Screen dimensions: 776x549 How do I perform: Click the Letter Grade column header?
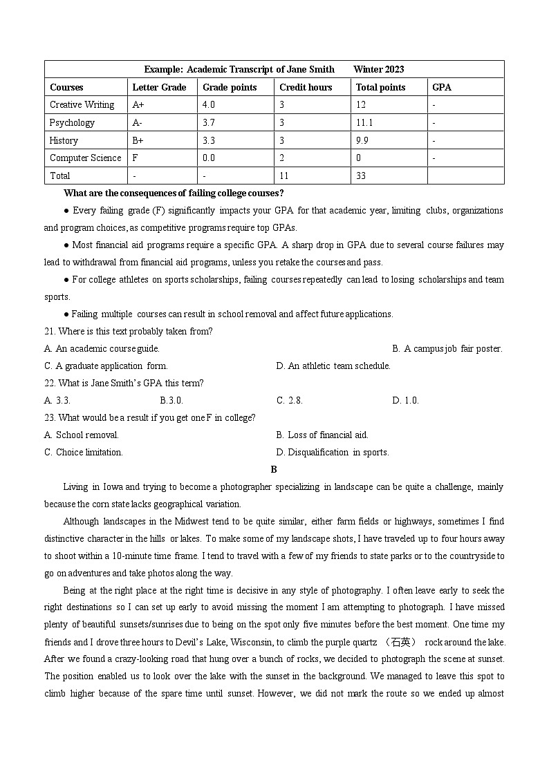(x=159, y=87)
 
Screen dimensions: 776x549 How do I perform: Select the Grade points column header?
(x=230, y=87)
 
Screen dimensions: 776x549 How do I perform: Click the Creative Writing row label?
(x=82, y=105)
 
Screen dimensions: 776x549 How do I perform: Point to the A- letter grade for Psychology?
(x=138, y=123)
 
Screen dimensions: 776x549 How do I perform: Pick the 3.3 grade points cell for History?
(x=209, y=140)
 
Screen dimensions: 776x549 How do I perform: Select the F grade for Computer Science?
(x=136, y=158)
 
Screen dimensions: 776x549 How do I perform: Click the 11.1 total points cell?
(x=364, y=123)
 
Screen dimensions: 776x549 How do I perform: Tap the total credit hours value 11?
(x=284, y=176)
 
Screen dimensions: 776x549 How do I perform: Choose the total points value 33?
(x=361, y=176)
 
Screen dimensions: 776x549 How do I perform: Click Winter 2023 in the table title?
(x=378, y=69)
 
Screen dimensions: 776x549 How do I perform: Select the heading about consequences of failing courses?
(x=173, y=193)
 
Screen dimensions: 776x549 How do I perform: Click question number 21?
(x=50, y=331)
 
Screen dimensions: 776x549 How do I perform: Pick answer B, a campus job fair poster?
(x=447, y=348)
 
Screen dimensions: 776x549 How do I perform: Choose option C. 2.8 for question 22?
(x=290, y=400)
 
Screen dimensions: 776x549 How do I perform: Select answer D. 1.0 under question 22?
(x=405, y=400)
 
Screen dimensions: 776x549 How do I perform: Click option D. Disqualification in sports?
(x=333, y=452)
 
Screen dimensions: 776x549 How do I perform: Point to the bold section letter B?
(x=274, y=469)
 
